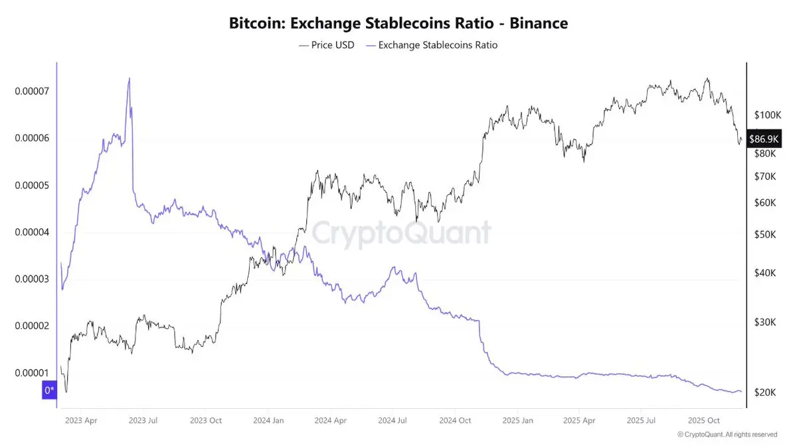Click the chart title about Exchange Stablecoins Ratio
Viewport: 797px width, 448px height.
pos(398,23)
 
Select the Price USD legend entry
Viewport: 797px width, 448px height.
pos(327,45)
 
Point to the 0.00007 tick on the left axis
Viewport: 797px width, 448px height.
pos(33,91)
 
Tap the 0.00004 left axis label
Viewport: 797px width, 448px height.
pos(33,232)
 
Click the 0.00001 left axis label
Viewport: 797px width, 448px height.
pos(33,373)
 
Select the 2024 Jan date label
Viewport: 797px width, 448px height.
pos(268,421)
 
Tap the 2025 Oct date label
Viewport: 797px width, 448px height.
pos(704,421)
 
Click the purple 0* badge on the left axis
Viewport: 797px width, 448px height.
pos(49,391)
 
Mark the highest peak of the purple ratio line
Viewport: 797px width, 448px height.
pos(129,78)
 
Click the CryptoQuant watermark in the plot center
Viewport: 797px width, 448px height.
pos(401,233)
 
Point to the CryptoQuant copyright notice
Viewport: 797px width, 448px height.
pos(727,435)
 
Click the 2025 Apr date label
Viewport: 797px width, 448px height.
pos(579,421)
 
